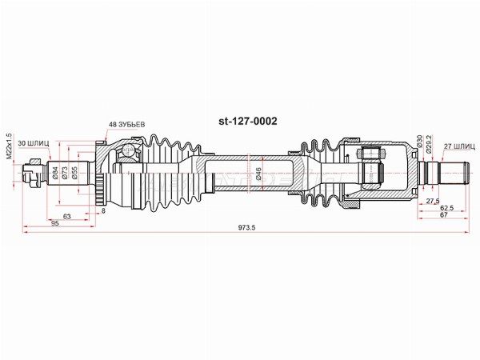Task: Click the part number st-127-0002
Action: click(x=248, y=122)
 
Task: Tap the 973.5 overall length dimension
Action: click(x=246, y=227)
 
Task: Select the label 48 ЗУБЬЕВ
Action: click(x=127, y=125)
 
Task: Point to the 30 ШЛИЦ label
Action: click(x=34, y=143)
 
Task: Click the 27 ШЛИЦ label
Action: click(x=459, y=146)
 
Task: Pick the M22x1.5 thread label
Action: click(x=9, y=146)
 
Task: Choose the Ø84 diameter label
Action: click(x=55, y=173)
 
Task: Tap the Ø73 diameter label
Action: click(x=65, y=173)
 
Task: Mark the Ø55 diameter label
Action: click(x=74, y=173)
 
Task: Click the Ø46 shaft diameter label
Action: click(x=258, y=174)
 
